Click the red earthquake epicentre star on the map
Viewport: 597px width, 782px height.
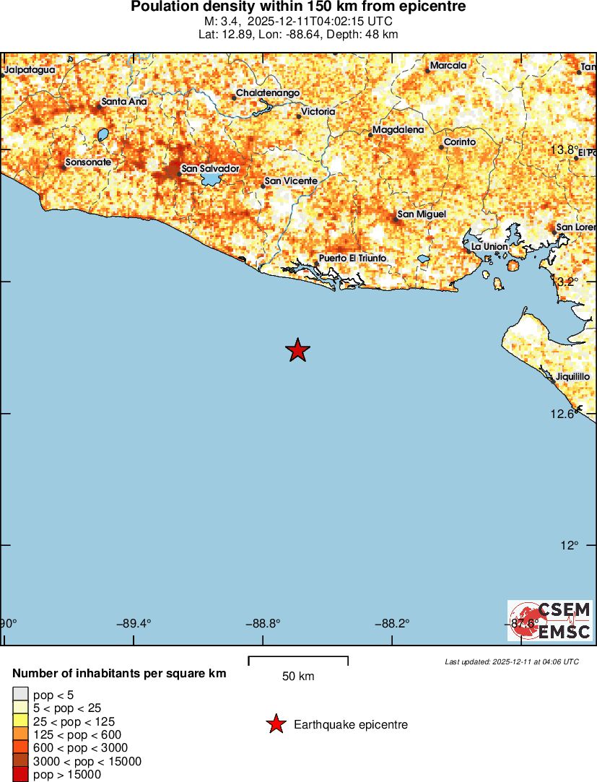click(297, 350)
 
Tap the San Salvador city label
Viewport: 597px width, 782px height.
click(209, 168)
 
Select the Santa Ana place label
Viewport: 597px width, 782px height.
click(124, 102)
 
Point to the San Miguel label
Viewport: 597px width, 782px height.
click(422, 214)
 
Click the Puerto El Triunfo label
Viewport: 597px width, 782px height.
click(352, 259)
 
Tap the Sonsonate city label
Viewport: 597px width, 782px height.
click(88, 162)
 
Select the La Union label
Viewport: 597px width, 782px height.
click(489, 247)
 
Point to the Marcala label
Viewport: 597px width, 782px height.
click(448, 66)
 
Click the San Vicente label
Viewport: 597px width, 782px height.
click(291, 181)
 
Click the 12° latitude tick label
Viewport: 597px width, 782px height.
click(570, 546)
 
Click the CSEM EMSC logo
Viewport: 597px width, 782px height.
click(550, 621)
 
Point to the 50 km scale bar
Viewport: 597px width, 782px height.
click(298, 661)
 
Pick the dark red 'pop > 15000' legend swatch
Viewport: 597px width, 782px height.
click(20, 775)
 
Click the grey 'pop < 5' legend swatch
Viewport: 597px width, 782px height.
click(20, 695)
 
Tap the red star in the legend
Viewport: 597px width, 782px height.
click(275, 724)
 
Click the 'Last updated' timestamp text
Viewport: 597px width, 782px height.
click(512, 661)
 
